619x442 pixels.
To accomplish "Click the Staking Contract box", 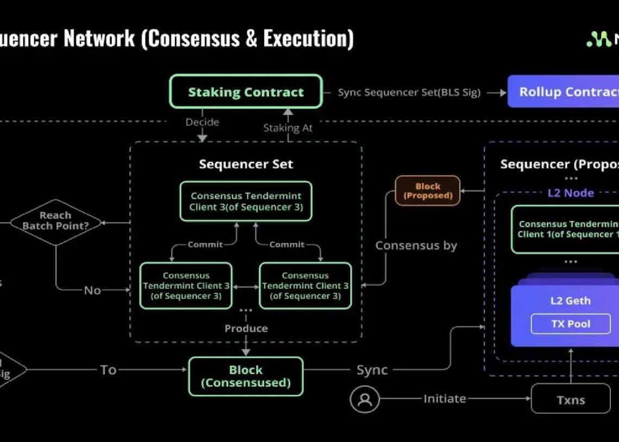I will pos(245,92).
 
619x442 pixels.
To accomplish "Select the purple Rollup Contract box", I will pos(565,92).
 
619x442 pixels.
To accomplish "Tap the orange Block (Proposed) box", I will pos(427,190).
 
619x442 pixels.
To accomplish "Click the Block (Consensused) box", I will pos(245,376).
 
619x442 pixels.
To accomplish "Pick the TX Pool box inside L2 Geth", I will pos(571,324).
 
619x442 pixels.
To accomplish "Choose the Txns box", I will pos(570,400).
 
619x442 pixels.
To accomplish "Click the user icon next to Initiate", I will pos(364,399).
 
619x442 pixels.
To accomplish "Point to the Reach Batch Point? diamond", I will pos(55,221).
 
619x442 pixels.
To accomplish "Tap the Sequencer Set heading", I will pos(245,164).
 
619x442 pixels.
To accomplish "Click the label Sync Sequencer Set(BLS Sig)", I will pos(409,92).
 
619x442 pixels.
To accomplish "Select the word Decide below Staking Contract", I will pos(203,122).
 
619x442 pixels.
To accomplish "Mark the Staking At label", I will pos(288,128).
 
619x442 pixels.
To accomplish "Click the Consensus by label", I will pos(416,245).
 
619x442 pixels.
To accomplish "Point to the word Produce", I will pos(246,328).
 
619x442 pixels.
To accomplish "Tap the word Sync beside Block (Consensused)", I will pos(372,370).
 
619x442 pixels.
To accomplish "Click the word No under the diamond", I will pos(92,290).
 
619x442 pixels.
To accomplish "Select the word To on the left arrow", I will pos(108,370).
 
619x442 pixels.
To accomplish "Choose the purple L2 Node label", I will pos(570,193).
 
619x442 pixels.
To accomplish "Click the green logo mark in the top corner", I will pos(599,39).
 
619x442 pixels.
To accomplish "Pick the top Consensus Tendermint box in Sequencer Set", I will pos(245,201).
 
